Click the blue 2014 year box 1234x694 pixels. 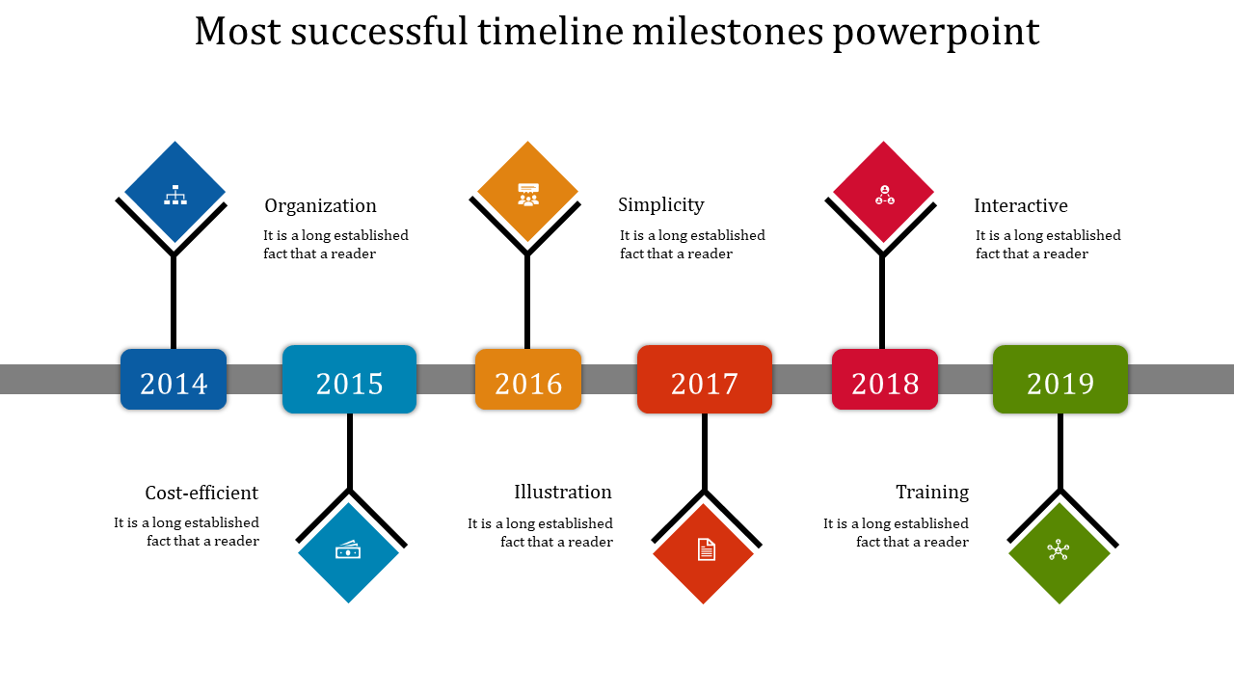(174, 379)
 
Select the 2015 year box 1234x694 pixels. (349, 379)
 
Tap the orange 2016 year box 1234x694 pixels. (527, 379)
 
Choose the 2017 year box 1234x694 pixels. (705, 379)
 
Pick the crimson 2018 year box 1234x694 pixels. (885, 379)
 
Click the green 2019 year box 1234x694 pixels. (1060, 379)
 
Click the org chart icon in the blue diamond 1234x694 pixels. (175, 195)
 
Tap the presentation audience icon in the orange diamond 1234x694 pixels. (528, 195)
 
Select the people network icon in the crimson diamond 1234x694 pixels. (885, 195)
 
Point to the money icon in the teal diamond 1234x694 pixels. (348, 549)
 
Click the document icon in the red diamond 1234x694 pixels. (707, 549)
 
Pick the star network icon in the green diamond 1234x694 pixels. (1059, 550)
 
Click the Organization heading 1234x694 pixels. (321, 206)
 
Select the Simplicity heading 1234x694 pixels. (661, 205)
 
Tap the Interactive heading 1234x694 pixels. (1021, 206)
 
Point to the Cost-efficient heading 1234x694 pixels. (201, 493)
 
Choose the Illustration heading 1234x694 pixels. (563, 492)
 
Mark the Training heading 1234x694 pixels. (932, 493)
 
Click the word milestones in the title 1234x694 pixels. (728, 32)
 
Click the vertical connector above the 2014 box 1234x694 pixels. (174, 302)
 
